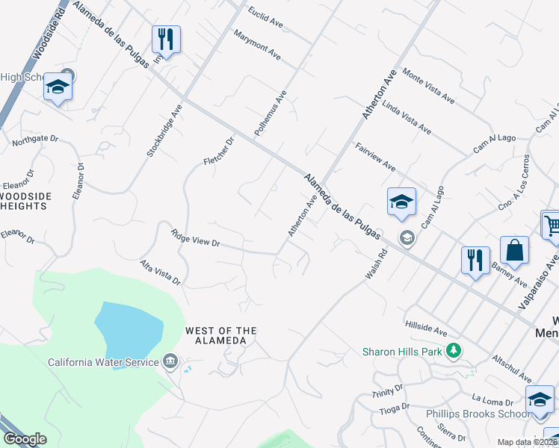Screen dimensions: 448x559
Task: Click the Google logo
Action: tap(25, 440)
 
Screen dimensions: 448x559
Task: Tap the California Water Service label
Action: tap(103, 363)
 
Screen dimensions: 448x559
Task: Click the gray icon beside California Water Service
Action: tap(170, 363)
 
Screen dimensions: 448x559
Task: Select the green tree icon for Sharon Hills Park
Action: tap(452, 350)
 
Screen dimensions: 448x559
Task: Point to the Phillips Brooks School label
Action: tap(477, 414)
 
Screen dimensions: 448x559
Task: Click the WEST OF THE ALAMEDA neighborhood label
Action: tap(220, 335)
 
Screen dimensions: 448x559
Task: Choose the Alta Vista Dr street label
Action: tap(161, 273)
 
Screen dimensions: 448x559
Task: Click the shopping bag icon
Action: tap(514, 251)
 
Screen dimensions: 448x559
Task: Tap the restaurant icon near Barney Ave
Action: tap(475, 261)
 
